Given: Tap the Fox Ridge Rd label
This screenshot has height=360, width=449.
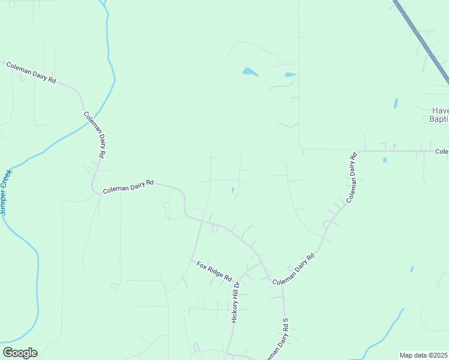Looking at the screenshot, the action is click(214, 271).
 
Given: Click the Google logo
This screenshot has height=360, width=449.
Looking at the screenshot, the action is click(20, 353).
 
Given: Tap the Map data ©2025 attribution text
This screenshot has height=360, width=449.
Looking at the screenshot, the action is click(424, 355).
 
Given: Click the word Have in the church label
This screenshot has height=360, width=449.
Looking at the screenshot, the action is click(440, 111).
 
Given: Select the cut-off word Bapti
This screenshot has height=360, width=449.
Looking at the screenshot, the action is click(439, 119).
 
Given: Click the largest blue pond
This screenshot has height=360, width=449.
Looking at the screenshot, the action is click(250, 72).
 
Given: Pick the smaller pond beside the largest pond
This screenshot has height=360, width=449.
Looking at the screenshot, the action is click(290, 75).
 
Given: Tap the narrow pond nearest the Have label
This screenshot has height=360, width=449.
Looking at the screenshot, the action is click(396, 103).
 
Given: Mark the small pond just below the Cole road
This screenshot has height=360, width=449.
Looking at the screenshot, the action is click(384, 160).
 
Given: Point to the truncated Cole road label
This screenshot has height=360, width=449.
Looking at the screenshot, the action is click(442, 152).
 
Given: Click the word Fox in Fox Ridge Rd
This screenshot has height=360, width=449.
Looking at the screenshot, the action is click(202, 265).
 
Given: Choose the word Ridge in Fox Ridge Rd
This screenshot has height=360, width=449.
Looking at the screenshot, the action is click(214, 271).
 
